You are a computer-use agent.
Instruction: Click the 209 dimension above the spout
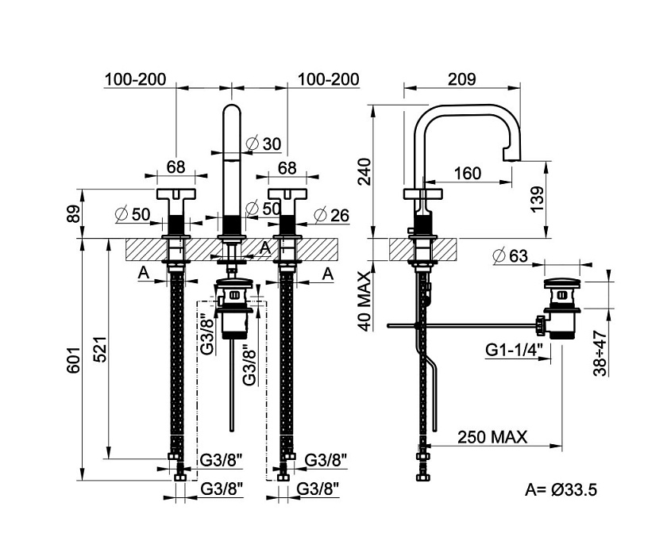(461, 79)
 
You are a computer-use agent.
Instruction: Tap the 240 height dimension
(364, 171)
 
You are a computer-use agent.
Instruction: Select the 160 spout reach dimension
(467, 173)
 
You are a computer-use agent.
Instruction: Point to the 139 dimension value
(537, 198)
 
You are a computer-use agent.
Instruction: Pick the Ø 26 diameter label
(332, 216)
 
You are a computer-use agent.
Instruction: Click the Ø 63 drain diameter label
(511, 256)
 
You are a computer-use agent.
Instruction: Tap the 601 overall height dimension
(73, 360)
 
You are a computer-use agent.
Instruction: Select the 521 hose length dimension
(100, 349)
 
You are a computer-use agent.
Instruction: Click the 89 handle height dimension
(73, 213)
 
